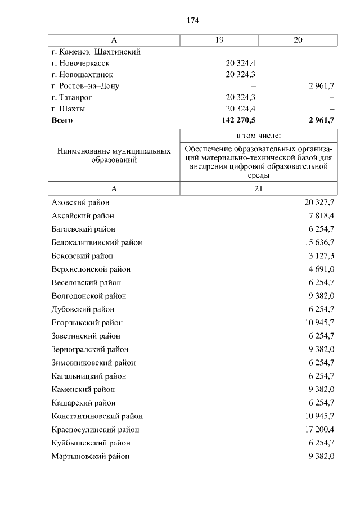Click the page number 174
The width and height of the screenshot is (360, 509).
[193, 21]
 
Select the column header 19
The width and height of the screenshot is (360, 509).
[219, 40]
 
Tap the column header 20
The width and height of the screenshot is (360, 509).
[298, 40]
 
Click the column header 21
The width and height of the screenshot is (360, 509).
[258, 189]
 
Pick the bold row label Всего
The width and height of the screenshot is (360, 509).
[62, 120]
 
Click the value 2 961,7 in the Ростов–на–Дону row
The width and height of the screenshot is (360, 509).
[321, 86]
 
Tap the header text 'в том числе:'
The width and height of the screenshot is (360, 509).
[258, 136]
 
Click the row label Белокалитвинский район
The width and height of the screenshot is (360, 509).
[96, 242]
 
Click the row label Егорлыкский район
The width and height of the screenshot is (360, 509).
[87, 323]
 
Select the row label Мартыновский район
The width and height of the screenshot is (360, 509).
[90, 456]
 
